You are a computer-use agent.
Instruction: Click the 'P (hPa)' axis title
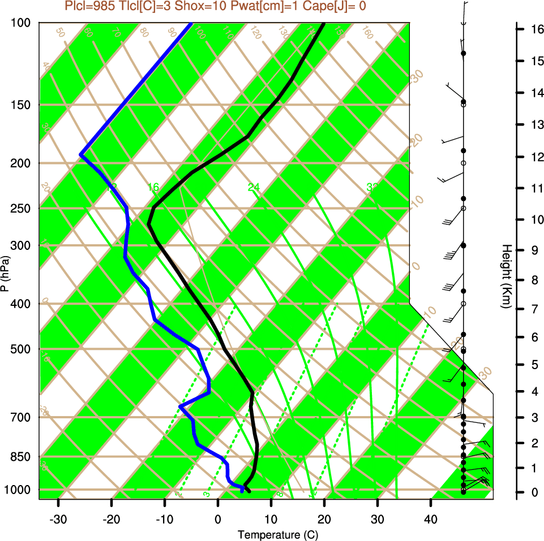pyautogui.click(x=6, y=274)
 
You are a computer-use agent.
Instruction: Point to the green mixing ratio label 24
pyautogui.click(x=253, y=187)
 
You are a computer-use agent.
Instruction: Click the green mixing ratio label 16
pyautogui.click(x=153, y=187)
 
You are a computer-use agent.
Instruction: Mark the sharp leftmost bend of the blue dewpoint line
pyautogui.click(x=81, y=154)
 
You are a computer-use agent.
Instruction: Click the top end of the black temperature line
pyautogui.click(x=324, y=24)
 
